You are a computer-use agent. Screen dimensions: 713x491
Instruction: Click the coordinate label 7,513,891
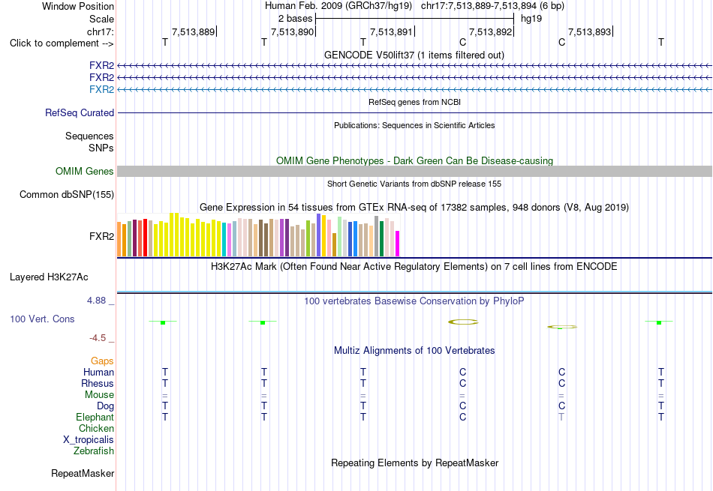[x=391, y=31]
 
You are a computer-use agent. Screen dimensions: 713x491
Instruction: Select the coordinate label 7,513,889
[x=193, y=31]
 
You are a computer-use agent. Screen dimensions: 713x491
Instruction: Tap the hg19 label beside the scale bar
[x=531, y=19]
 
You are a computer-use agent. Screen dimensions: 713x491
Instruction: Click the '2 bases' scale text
[x=295, y=19]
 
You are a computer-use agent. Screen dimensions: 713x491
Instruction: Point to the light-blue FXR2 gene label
[x=101, y=89]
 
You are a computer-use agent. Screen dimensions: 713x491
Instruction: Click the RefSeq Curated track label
[x=80, y=112]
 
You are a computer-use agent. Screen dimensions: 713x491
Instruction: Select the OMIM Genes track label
[x=85, y=171]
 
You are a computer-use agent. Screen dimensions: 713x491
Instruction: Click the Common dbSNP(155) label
[x=67, y=194]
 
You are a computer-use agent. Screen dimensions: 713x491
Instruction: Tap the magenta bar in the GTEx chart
[x=398, y=244]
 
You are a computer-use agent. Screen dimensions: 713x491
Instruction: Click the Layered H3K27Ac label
[x=49, y=277]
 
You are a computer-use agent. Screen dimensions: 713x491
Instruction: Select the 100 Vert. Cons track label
[x=42, y=319]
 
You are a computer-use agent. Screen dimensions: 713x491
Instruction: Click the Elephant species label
[x=95, y=417]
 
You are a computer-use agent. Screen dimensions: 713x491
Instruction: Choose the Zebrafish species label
[x=94, y=451]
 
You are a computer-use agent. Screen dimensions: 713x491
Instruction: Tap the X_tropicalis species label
[x=89, y=440]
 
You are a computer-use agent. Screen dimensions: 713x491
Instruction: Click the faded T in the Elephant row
[x=561, y=417]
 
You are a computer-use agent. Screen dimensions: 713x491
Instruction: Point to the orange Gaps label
[x=102, y=361]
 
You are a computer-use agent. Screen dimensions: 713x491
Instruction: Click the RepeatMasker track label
[x=83, y=473]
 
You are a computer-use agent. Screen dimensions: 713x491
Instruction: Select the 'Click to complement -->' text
[x=62, y=43]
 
